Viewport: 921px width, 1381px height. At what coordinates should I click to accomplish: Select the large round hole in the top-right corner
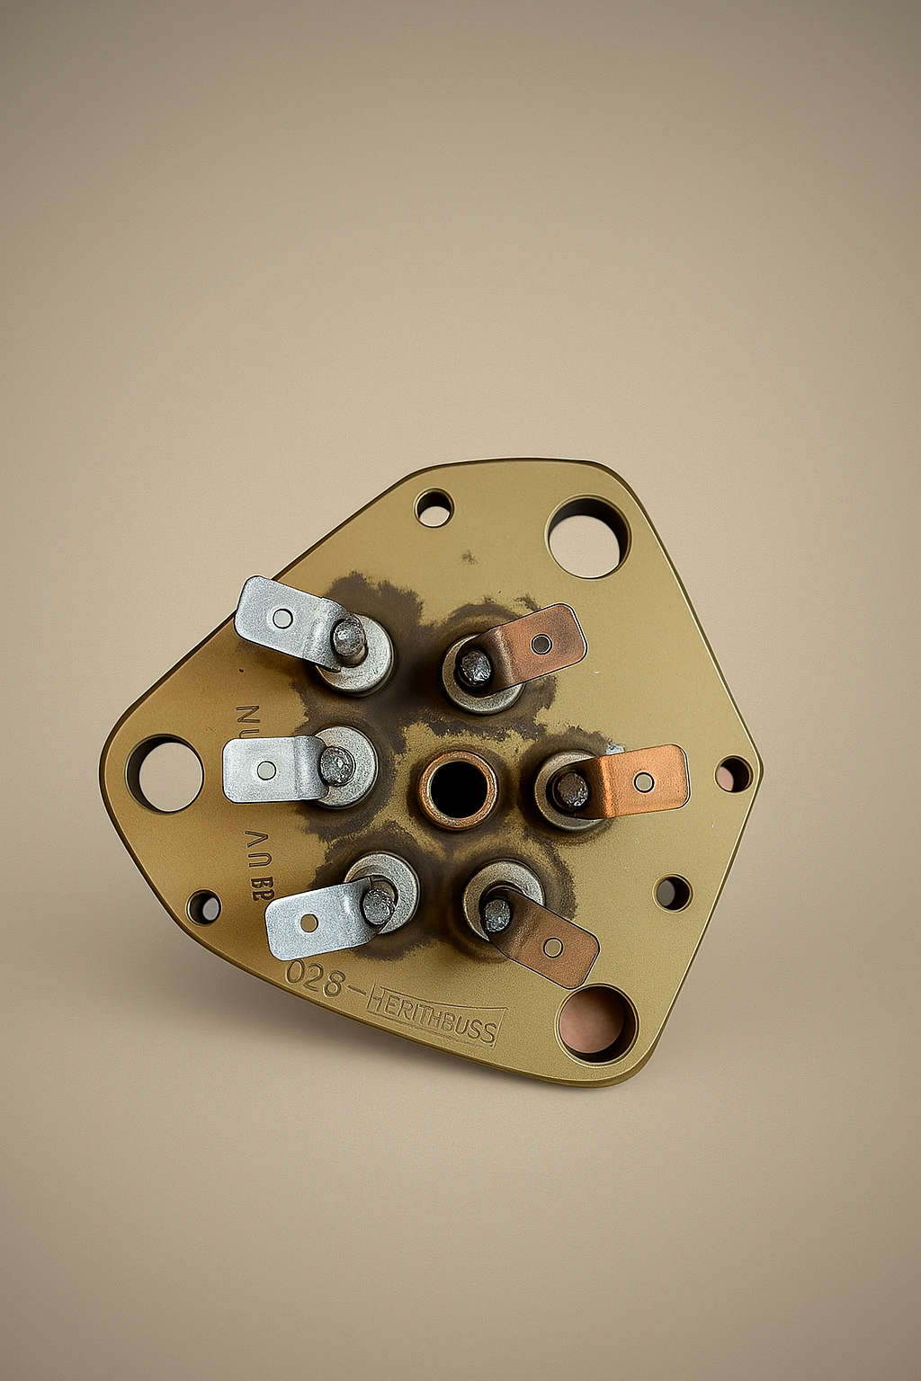pos(586,538)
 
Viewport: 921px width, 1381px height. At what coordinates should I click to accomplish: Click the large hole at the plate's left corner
pos(165,773)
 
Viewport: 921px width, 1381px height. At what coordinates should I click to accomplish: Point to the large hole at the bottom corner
pos(596,1023)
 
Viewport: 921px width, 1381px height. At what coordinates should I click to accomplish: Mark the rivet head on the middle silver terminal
pos(337,765)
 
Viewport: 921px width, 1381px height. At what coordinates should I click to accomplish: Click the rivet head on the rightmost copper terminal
pos(569,790)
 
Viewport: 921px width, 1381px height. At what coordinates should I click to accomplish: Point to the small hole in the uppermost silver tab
pos(282,618)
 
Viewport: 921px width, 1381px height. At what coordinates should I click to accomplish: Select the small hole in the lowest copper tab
pos(553,946)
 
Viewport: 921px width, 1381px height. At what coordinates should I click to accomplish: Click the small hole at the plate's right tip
pos(733,774)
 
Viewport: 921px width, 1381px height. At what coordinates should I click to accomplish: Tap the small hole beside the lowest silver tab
pos(204,906)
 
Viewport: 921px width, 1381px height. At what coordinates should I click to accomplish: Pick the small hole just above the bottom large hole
pos(672,893)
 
